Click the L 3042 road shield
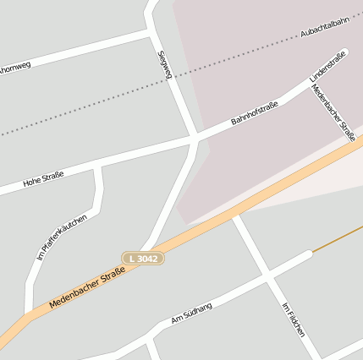point(142,257)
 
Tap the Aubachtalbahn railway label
point(325,28)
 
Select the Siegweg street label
point(165,64)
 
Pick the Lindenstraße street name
point(327,65)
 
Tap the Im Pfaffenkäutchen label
point(61,237)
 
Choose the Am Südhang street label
point(191,312)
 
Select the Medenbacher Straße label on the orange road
point(87,288)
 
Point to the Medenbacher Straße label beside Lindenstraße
point(333,111)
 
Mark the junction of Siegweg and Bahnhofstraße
point(195,136)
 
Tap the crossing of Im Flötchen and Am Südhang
point(269,276)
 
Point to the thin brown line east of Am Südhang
point(338,238)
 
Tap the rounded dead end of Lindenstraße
point(344,53)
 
